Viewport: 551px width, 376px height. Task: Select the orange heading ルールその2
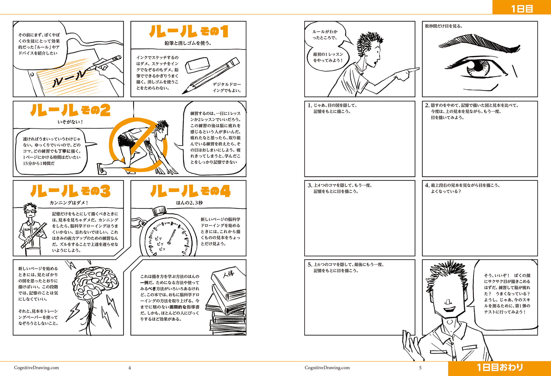(x=70, y=110)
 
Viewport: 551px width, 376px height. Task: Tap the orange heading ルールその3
(x=70, y=191)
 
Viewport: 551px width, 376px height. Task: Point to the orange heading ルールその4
(x=190, y=191)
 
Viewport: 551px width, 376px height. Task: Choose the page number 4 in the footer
(x=130, y=368)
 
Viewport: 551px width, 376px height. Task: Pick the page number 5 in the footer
(x=420, y=368)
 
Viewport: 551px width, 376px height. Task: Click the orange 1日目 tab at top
(x=522, y=7)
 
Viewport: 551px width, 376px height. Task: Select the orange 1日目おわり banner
(x=500, y=368)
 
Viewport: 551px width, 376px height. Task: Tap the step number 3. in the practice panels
(x=310, y=185)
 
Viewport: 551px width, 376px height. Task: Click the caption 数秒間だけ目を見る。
(x=444, y=26)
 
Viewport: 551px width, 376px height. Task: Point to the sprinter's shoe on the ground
(x=101, y=168)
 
